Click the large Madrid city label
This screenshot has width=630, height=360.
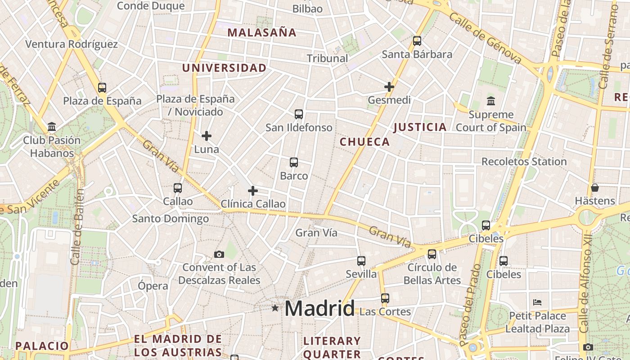tap(319, 308)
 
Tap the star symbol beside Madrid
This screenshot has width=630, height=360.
tap(275, 308)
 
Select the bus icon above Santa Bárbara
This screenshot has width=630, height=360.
tap(417, 41)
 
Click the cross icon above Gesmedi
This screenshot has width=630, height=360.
tap(389, 87)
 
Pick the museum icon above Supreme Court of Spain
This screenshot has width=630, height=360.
tap(491, 101)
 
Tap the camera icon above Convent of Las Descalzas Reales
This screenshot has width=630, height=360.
tap(219, 255)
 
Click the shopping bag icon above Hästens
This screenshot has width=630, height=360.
tap(595, 188)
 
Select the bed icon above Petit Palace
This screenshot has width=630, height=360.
tap(537, 302)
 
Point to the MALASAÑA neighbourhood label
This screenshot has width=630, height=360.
tap(262, 32)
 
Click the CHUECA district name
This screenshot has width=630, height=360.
tap(364, 142)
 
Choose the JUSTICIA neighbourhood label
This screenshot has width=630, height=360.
tap(420, 127)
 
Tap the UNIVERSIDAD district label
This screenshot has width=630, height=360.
tap(224, 68)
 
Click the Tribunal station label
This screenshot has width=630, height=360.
tap(327, 58)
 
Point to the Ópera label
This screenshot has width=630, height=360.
tap(153, 286)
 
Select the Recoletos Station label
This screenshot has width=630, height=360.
tap(524, 162)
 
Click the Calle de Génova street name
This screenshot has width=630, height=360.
tap(485, 38)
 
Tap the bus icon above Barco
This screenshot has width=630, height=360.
tap(294, 162)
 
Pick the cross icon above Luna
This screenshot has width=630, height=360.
tap(207, 136)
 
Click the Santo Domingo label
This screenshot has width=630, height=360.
tap(171, 219)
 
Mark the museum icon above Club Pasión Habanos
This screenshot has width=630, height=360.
tap(52, 127)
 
